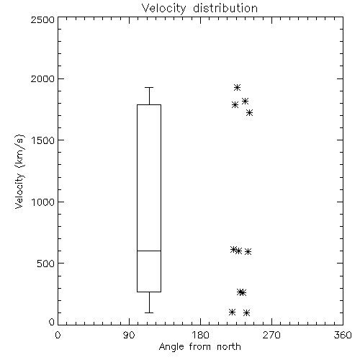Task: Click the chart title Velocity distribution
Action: point(199,9)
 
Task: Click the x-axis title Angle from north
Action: point(199,347)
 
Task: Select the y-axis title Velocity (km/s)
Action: point(19,171)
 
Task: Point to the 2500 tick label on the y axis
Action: point(42,19)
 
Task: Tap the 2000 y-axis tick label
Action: point(42,78)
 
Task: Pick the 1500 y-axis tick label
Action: point(43,140)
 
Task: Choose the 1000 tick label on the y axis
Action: point(43,202)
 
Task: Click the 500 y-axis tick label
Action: point(46,264)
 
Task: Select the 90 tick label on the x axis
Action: point(129,335)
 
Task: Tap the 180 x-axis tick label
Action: point(200,335)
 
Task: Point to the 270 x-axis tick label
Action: point(271,335)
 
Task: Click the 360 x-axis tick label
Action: point(343,335)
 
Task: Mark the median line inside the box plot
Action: point(149,251)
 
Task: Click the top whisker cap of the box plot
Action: point(149,88)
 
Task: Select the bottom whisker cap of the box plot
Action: point(149,312)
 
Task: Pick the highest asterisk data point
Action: point(237,87)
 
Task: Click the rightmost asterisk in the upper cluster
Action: point(250,112)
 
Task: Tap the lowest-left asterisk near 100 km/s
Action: point(232,312)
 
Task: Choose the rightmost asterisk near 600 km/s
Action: point(248,251)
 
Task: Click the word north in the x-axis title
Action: point(229,347)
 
